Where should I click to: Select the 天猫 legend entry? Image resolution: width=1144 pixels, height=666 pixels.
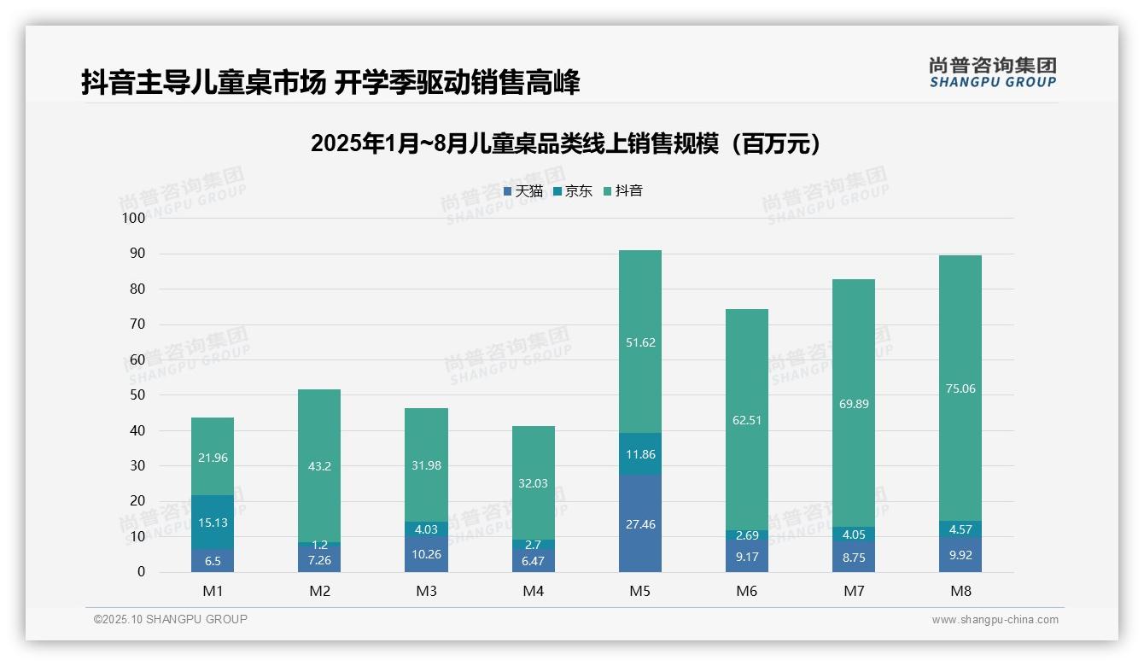[x=523, y=191]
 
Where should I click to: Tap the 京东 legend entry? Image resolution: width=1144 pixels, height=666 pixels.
[x=573, y=191]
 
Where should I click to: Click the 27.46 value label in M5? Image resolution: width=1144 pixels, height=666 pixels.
[x=639, y=524]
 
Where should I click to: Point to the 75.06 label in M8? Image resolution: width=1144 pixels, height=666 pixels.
[x=960, y=388]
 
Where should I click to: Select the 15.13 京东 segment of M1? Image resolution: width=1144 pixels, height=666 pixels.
[x=213, y=523]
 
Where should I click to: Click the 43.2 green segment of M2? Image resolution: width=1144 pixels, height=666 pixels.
[x=319, y=466]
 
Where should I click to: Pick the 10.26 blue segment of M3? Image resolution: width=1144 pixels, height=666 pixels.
[x=426, y=554]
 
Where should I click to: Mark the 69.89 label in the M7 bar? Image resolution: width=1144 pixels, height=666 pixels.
[x=854, y=404]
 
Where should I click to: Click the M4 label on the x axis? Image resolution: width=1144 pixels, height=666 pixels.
[x=533, y=591]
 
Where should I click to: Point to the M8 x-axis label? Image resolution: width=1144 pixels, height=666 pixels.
[x=960, y=591]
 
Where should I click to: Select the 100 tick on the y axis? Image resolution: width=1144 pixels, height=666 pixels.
[x=134, y=218]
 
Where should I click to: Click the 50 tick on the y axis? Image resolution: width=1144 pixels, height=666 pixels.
[x=137, y=395]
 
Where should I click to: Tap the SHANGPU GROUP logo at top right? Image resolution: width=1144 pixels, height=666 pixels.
[x=992, y=73]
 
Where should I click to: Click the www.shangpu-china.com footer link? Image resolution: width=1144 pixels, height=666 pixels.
[x=995, y=620]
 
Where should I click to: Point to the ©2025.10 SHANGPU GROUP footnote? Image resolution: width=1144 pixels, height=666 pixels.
[x=171, y=619]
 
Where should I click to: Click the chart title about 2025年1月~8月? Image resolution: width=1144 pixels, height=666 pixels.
[x=566, y=143]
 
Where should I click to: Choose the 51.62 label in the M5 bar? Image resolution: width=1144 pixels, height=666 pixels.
[x=639, y=342]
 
